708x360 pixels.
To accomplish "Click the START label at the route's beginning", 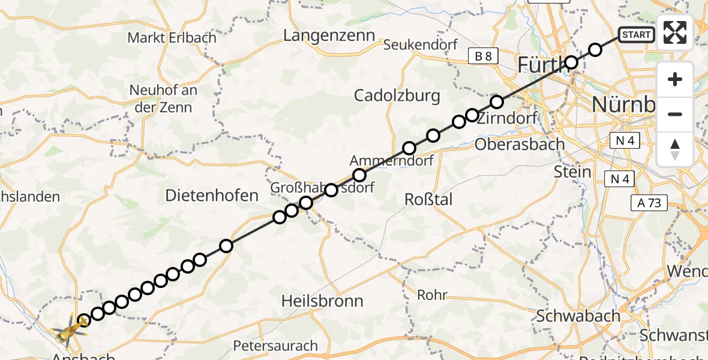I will coord(636,35).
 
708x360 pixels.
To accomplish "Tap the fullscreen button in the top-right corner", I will coord(675,32).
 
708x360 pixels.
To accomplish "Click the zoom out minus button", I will coord(675,114).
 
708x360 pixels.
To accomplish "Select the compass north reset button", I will coord(675,149).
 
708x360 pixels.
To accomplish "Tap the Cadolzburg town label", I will coord(397,95).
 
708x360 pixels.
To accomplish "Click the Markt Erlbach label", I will coord(172,38).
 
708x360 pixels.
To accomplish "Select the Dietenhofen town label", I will coord(212,195).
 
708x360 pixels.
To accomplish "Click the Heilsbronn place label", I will coord(322,301).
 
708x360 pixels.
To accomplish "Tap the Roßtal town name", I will coord(428,200).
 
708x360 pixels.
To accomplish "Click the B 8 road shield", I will coord(483,56).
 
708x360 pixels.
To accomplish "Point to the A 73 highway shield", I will coord(649,203).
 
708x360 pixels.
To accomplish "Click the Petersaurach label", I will coord(275,346).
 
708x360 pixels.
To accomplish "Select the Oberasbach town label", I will coord(520,145).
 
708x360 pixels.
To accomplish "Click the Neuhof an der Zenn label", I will coord(163,99).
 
